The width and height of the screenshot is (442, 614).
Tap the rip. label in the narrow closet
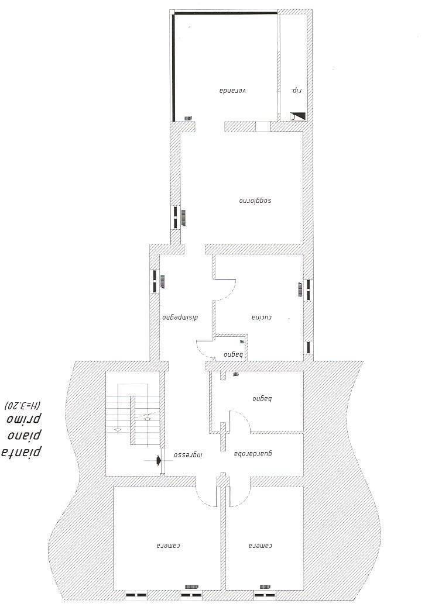click(296, 91)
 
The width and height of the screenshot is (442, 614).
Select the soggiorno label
click(256, 201)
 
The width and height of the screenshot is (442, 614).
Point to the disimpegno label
click(181, 318)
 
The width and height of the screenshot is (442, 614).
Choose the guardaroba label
click(254, 454)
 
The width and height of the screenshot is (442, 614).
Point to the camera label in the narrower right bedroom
click(261, 546)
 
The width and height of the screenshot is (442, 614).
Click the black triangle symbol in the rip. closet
click(298, 116)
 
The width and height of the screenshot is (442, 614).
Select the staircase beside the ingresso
click(132, 415)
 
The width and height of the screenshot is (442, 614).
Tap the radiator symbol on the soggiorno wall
click(183, 218)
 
